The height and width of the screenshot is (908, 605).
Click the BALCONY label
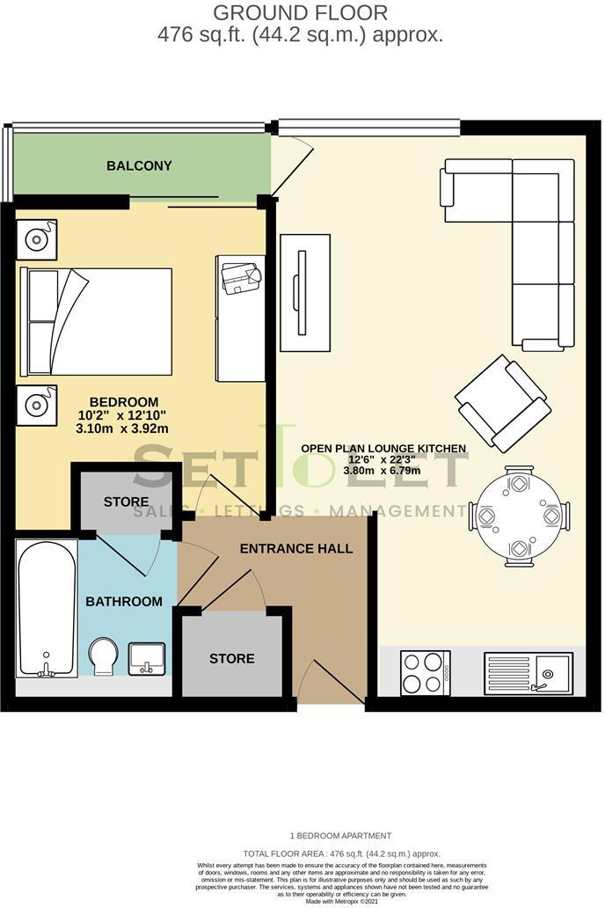139,165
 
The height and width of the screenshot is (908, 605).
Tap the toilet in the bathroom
103,656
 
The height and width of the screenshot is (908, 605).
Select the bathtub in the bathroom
47,608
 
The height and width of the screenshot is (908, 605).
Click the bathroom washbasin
146,658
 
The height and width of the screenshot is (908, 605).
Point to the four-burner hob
425,673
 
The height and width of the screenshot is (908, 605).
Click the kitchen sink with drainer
528,674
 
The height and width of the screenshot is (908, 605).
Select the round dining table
519,515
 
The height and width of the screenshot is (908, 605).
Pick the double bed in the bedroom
96,321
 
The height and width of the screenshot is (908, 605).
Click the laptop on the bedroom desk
242,276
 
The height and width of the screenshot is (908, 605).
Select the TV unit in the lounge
304,293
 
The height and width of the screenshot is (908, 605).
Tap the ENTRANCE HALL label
296,549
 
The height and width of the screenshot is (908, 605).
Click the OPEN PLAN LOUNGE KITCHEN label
383,449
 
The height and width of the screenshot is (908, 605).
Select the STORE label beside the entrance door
232,658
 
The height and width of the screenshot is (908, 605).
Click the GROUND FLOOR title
300,13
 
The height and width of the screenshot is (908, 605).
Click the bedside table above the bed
36,239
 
